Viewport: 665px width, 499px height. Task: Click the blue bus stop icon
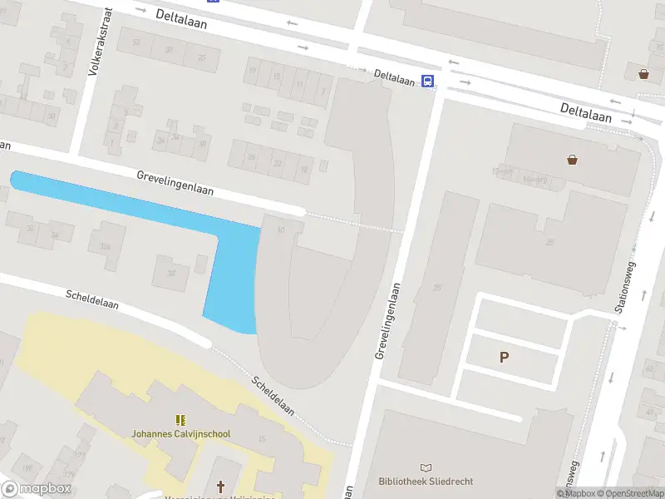(x=427, y=81)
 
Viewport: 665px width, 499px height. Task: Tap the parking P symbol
(x=503, y=358)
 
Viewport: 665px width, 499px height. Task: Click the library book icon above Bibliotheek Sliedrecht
(x=426, y=468)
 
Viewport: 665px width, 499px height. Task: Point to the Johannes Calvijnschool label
(x=180, y=433)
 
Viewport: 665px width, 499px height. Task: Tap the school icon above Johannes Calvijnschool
(x=180, y=420)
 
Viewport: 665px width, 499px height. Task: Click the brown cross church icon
(x=221, y=487)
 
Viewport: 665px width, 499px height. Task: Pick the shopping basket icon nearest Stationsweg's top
(x=644, y=73)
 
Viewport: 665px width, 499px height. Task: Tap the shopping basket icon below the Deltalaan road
(x=572, y=159)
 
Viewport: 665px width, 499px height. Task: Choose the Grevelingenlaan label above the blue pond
(x=175, y=183)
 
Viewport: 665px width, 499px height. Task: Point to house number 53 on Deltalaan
(x=135, y=42)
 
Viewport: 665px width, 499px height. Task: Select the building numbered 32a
(x=105, y=247)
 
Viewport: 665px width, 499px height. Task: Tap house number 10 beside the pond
(x=281, y=230)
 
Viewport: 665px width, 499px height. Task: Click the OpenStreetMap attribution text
(x=629, y=493)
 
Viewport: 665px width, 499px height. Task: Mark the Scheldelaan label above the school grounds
(x=91, y=299)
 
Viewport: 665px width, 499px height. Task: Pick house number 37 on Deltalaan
(x=169, y=50)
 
